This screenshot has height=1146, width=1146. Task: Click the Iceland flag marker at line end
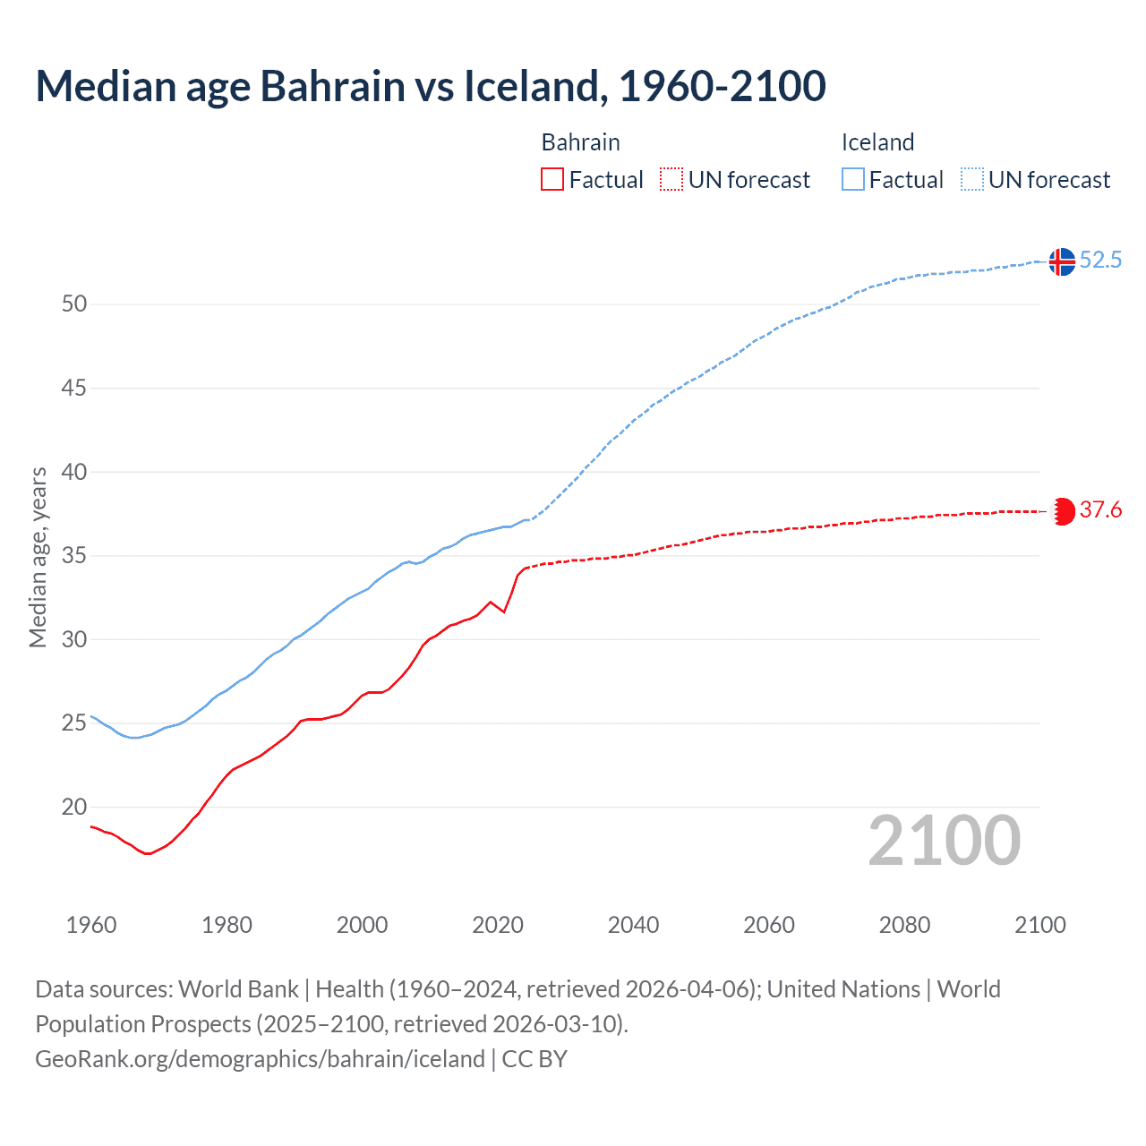[x=1062, y=261]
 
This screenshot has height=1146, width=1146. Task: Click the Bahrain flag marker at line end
[x=1062, y=511]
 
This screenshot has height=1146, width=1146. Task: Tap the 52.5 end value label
[x=1100, y=260]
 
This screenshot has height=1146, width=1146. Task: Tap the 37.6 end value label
[x=1100, y=509]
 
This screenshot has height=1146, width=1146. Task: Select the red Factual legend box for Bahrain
[x=552, y=179]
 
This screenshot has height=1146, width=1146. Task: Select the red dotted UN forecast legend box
[x=671, y=179]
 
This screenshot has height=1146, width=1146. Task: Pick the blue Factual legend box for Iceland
[x=853, y=179]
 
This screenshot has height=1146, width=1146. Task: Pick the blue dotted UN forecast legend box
[x=971, y=179]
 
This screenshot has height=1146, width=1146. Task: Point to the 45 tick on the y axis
[x=74, y=388]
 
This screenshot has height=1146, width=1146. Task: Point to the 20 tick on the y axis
[x=74, y=807]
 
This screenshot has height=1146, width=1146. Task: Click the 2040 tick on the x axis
[x=633, y=925]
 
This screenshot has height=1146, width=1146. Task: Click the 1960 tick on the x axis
[x=91, y=925]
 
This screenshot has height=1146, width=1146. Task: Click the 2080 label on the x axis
[x=904, y=925]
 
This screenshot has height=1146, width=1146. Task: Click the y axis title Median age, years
[x=38, y=557]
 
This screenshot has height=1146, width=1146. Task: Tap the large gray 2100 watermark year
[x=944, y=841]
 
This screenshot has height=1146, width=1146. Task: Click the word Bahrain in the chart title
[x=333, y=86]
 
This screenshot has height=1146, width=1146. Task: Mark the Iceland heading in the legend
[x=877, y=142]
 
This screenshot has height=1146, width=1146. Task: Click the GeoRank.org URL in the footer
[x=260, y=1058]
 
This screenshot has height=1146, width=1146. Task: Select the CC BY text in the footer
[x=535, y=1058]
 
